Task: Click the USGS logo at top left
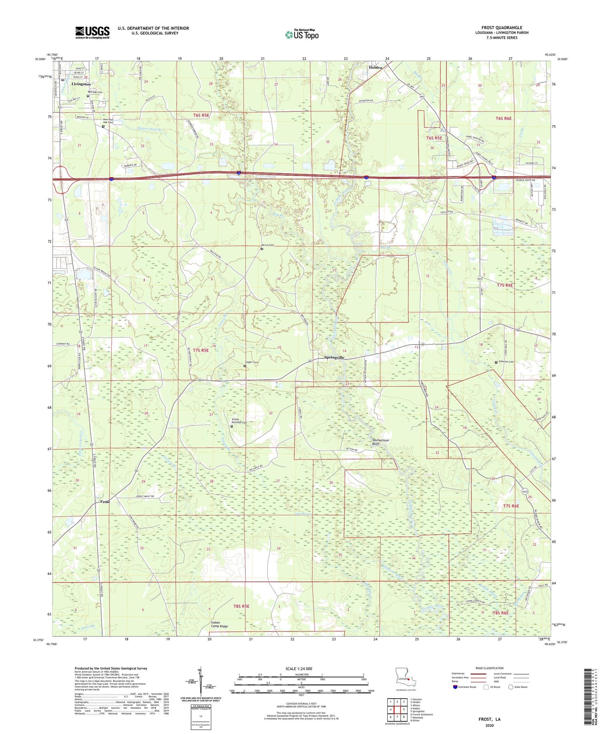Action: coord(92,32)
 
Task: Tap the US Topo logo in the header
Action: coord(302,34)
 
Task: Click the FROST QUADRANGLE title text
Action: coord(502,28)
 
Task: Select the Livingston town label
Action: coord(81,84)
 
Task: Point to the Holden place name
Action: coord(376,67)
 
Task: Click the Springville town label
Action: coord(334,357)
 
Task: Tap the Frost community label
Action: coord(105,502)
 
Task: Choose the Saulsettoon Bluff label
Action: coord(381,442)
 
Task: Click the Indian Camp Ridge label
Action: coord(219,624)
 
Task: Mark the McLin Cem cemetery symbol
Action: coord(262,249)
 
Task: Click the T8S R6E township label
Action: coord(501,613)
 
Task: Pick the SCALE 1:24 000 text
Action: coord(299,668)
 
